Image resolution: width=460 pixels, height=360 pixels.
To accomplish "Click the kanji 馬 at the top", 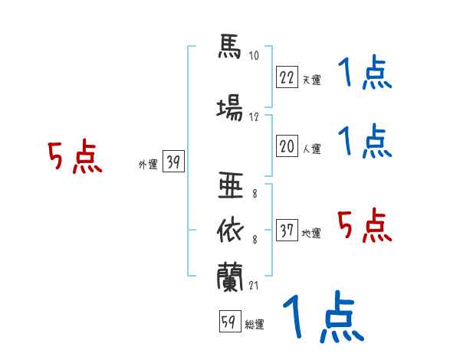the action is (x=230, y=47).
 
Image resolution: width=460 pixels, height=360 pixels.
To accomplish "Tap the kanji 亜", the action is (x=231, y=185).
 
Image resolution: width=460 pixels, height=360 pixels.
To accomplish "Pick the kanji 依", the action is (x=230, y=231).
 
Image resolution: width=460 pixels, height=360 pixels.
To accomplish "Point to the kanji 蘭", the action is (x=230, y=277).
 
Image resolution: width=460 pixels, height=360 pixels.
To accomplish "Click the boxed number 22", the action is (x=287, y=77).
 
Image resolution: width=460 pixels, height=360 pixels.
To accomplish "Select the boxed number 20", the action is (x=287, y=146).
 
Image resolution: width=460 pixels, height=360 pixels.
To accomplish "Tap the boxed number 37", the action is (x=287, y=230).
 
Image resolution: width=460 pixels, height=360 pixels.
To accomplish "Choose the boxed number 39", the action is (x=173, y=161).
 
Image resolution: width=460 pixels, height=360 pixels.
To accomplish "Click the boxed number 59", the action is (x=230, y=321).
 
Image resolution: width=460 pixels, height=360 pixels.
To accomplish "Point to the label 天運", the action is (x=311, y=80).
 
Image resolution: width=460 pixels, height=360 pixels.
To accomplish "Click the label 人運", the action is (x=311, y=149).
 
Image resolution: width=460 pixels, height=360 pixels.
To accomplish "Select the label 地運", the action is (x=311, y=233).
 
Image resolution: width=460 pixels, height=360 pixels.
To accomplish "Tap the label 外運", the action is (x=148, y=165).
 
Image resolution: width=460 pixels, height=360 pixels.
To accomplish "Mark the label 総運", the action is (x=255, y=325).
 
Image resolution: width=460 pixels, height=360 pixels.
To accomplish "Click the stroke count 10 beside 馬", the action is (x=254, y=55).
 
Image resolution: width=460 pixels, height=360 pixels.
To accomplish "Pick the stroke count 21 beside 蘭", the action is (x=254, y=285).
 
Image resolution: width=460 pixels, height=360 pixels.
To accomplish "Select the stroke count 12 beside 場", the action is (x=254, y=117).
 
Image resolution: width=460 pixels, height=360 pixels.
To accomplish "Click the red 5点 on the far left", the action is (x=75, y=156).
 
